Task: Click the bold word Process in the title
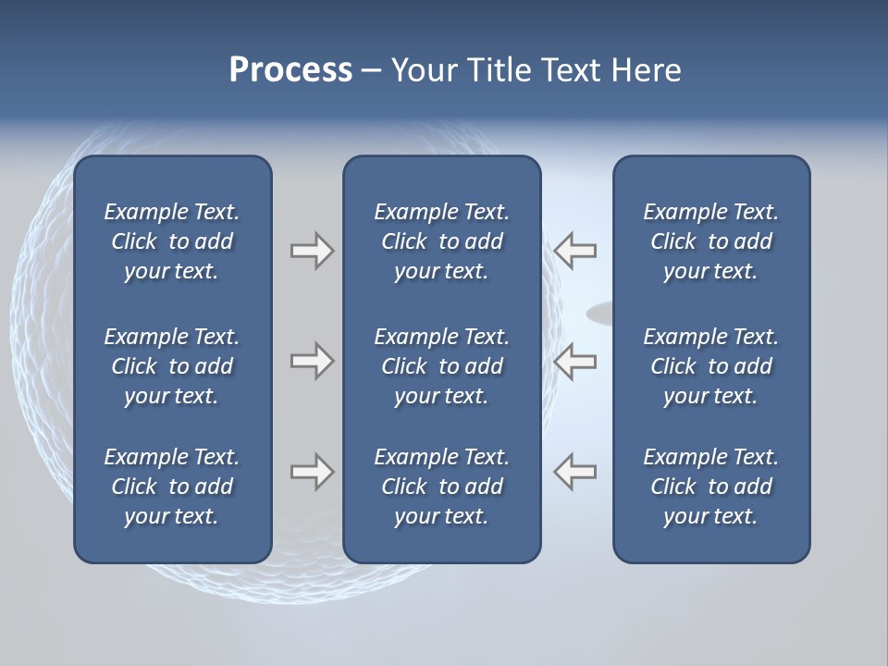pos(290,70)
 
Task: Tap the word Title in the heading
pos(493,70)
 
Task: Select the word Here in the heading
pos(645,70)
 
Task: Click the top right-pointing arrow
pos(313,250)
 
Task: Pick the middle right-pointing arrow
pos(313,361)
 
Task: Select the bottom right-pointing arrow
pos(313,472)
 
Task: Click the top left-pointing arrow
pos(574,250)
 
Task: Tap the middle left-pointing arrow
pos(574,361)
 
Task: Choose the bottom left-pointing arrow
pos(574,472)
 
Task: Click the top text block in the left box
pos(172,241)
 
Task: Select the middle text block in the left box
pos(172,366)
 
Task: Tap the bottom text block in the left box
pos(172,487)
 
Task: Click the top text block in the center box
pos(441,241)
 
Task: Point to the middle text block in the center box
pos(441,366)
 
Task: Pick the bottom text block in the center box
pos(441,487)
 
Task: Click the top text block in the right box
pos(711,241)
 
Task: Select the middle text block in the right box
pos(711,366)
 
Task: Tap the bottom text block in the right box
pos(711,487)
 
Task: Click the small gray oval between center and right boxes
pos(599,314)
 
